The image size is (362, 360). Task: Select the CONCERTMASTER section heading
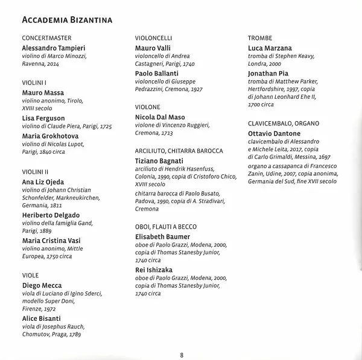click(x=46, y=38)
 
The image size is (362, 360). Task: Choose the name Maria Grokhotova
click(x=51, y=136)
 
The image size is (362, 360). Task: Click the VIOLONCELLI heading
click(x=156, y=38)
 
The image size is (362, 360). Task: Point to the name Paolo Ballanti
click(x=156, y=74)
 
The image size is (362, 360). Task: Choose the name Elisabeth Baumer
click(x=163, y=237)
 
